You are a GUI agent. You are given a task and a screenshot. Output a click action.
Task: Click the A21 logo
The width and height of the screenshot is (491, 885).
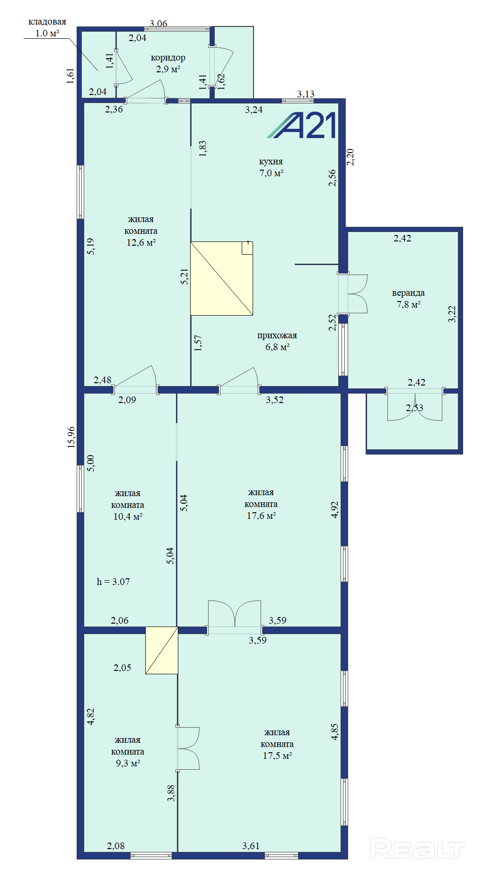point(301,125)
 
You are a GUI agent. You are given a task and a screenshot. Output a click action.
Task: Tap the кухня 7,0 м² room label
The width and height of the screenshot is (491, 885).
point(271,167)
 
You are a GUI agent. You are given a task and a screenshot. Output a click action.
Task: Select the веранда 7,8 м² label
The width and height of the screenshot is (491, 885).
point(408,299)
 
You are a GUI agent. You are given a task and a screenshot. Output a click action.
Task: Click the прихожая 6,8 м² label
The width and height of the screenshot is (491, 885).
point(277,341)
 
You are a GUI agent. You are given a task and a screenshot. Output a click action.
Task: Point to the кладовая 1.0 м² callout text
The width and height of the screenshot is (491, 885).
point(47,27)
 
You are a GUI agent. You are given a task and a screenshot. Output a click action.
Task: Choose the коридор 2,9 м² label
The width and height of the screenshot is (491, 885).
point(168,63)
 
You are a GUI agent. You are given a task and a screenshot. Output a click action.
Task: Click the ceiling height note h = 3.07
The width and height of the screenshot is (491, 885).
point(113,582)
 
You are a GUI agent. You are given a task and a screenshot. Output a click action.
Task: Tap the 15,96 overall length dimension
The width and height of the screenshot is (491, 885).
point(71,437)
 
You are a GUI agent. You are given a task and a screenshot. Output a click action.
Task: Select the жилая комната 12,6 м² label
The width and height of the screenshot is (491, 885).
point(141,231)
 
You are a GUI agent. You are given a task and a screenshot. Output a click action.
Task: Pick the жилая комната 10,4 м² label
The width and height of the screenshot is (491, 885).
point(128,505)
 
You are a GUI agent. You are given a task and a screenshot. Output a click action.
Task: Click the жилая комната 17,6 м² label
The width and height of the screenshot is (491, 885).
point(261,504)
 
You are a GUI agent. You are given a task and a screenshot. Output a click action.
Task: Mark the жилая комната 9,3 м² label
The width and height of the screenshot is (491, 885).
point(128,751)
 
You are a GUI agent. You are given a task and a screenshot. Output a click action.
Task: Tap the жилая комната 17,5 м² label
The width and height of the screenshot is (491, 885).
point(277,744)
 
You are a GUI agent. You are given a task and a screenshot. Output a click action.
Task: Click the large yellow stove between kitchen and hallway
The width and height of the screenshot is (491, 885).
point(221,278)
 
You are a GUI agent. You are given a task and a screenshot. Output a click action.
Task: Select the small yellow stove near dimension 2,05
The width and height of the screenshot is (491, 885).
point(162,650)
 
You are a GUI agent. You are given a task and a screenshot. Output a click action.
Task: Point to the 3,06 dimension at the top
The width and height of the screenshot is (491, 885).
point(158,24)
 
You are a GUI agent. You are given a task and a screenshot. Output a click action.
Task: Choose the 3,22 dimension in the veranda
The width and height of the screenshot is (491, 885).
point(452,314)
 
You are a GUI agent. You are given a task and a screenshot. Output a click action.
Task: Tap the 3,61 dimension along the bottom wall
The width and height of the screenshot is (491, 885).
point(251,846)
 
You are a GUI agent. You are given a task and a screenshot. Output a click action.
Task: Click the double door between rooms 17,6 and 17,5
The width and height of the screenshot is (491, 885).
point(235,617)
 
